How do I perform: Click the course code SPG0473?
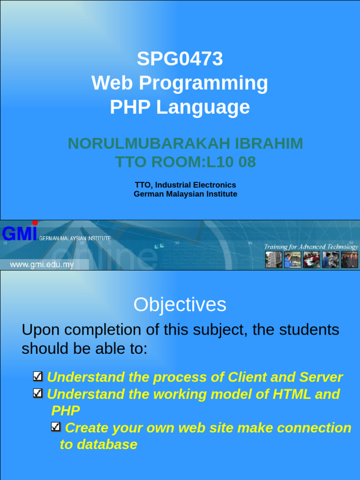click(180, 59)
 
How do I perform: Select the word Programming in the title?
click(203, 83)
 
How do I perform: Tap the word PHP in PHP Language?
click(130, 107)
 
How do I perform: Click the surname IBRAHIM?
click(269, 143)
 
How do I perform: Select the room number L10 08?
click(231, 162)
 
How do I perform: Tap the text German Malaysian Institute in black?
click(186, 194)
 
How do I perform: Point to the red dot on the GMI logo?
click(35, 223)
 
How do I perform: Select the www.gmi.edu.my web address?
click(42, 264)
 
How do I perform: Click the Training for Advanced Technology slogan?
click(311, 247)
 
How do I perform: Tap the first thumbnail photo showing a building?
click(274, 260)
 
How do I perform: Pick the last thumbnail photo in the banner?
click(350, 260)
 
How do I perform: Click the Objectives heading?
click(180, 305)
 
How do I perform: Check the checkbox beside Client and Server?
click(37, 376)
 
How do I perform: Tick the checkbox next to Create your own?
click(56, 427)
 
